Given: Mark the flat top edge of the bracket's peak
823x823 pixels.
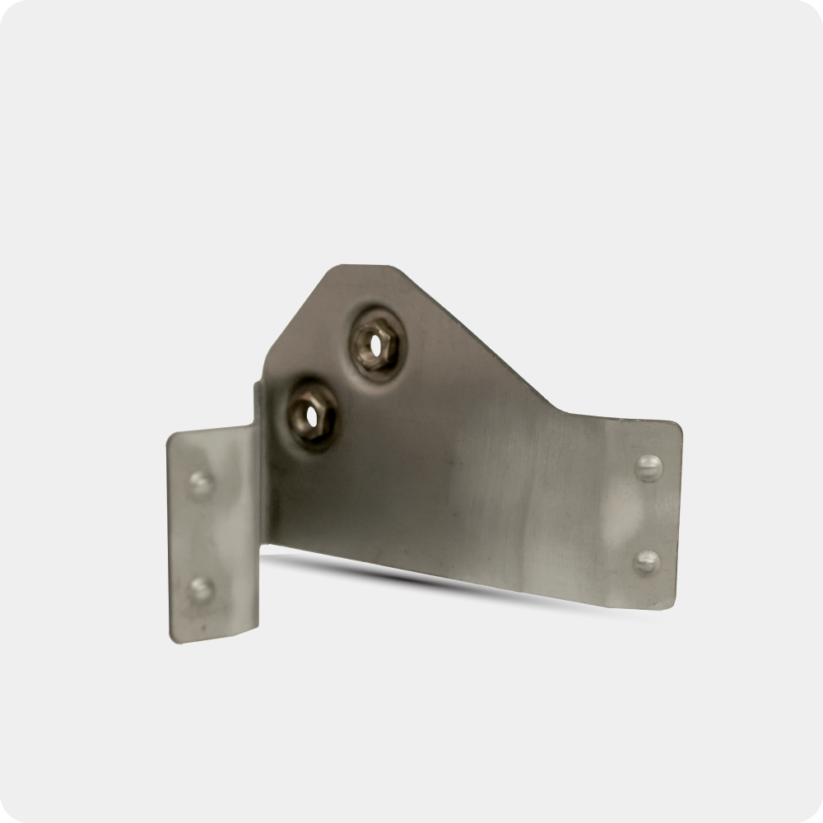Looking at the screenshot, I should coord(357,266).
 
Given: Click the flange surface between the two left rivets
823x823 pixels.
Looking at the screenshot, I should coord(202,535).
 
